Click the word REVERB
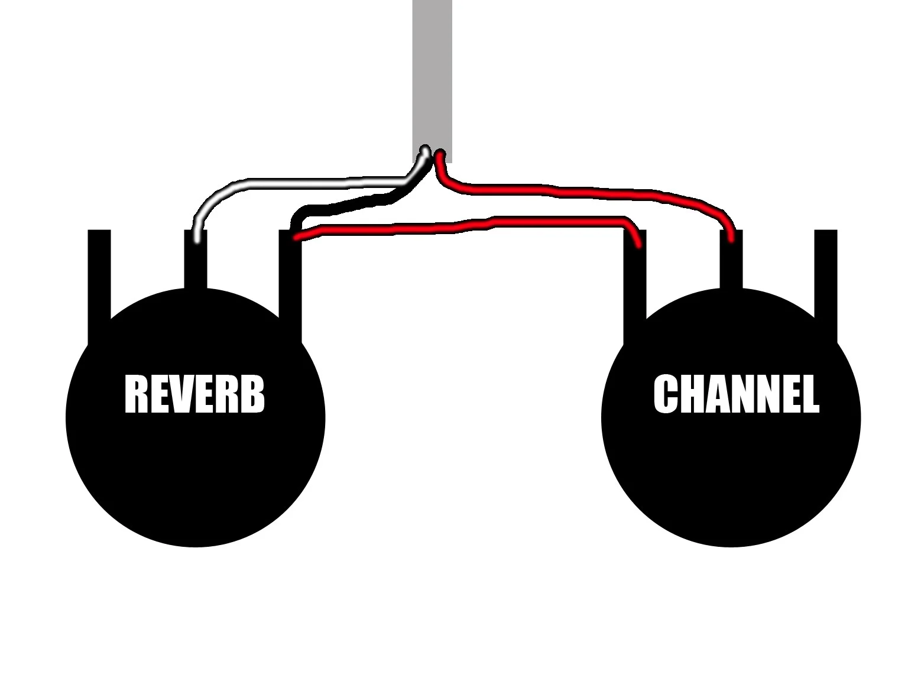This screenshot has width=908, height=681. click(x=194, y=394)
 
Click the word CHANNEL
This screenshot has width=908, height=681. click(x=736, y=394)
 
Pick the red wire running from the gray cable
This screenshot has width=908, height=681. click(x=591, y=193)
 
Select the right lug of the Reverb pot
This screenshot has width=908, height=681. click(x=290, y=284)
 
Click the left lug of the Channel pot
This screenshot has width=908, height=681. click(x=635, y=284)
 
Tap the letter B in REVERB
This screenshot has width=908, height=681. click(x=253, y=394)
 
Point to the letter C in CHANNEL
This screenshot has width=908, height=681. click(x=666, y=394)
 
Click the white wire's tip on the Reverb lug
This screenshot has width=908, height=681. click(x=197, y=239)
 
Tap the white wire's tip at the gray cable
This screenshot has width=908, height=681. click(x=424, y=151)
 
